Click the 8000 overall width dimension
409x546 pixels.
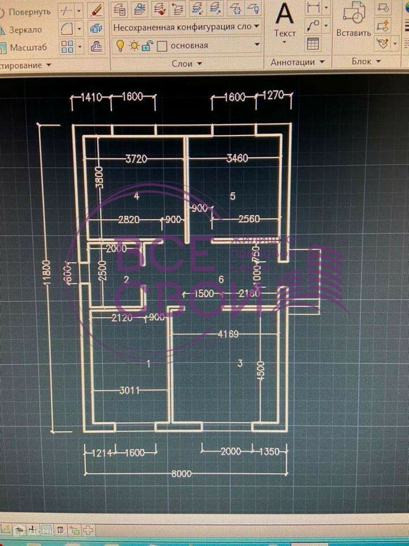[182, 473]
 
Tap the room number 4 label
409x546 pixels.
[136, 196]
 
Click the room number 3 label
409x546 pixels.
[240, 363]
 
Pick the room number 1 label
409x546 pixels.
[149, 364]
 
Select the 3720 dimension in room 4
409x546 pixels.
[136, 159]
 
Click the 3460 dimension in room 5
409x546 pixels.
[237, 159]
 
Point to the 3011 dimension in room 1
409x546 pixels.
[130, 390]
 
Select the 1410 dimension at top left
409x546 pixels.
[91, 97]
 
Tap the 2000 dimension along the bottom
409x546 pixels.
[230, 452]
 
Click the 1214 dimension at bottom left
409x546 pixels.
[99, 453]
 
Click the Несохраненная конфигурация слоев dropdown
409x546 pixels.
[186, 27]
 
